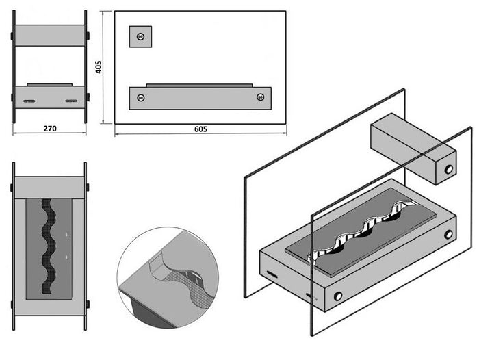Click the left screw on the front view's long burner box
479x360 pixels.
tap(140, 97)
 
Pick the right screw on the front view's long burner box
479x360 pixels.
tap(260, 97)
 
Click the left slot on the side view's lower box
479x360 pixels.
tap(29, 101)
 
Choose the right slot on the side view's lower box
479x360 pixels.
tap(70, 101)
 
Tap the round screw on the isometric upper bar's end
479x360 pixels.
tap(449, 169)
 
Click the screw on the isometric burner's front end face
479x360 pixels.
tap(337, 296)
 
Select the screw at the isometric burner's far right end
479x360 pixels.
tap(448, 234)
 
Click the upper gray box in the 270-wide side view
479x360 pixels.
tap(49, 35)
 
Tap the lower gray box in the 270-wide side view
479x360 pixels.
tap(49, 97)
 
